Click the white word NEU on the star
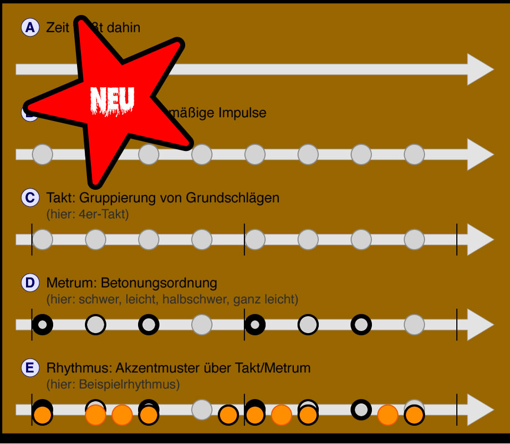coord(113,100)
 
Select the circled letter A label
coord(29,28)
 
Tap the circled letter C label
coord(29,198)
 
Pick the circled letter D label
coord(29,283)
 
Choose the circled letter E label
coord(29,367)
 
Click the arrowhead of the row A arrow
coord(479,69)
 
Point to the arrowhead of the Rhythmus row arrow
coord(479,410)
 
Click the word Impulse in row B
coord(242,113)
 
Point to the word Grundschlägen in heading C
coord(238,198)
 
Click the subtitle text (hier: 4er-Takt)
coord(88,214)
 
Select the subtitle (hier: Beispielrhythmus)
coord(113,384)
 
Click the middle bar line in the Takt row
coord(244,239)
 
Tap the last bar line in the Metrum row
coord(457,324)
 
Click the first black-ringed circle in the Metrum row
coord(42,324)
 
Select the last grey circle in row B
coord(414,154)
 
